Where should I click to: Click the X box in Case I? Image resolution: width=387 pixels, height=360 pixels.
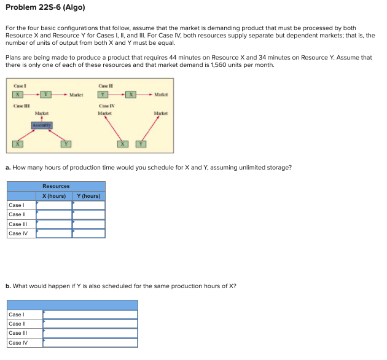click(20, 94)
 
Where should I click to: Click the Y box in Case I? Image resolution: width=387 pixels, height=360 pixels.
click(54, 94)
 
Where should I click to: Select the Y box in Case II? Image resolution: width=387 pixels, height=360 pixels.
click(104, 94)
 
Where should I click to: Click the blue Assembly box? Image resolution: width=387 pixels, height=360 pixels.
click(42, 125)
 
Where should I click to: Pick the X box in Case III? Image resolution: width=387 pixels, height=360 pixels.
click(19, 144)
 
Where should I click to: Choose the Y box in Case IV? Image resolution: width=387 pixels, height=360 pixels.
click(141, 144)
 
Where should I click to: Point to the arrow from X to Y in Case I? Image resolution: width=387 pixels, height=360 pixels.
click(36, 94)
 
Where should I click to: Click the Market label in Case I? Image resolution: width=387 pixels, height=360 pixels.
click(76, 94)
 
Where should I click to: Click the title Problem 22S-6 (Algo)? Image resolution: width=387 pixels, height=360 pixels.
click(45, 7)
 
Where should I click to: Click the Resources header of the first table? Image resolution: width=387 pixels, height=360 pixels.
click(56, 186)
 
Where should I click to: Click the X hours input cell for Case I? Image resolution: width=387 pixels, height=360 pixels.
click(54, 205)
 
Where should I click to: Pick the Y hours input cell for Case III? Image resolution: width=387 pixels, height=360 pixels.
click(89, 224)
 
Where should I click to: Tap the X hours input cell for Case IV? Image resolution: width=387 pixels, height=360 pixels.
click(54, 233)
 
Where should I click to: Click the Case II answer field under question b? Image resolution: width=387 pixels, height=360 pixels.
click(90, 324)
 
